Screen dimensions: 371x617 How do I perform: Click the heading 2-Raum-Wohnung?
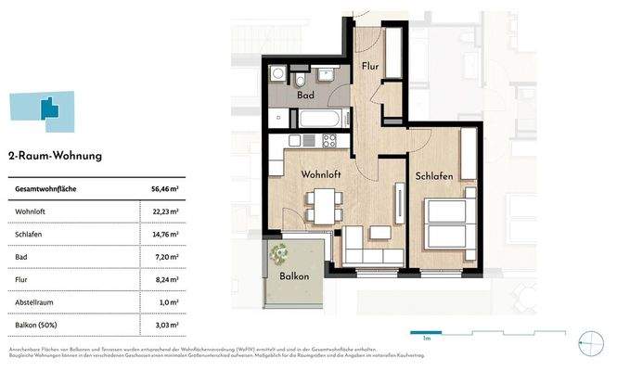pyautogui.click(x=55, y=157)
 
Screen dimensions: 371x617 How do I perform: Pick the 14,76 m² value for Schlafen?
pyautogui.click(x=164, y=236)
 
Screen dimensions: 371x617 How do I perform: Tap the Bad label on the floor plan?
pyautogui.click(x=304, y=95)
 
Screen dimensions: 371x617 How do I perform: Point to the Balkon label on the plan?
pyautogui.click(x=293, y=276)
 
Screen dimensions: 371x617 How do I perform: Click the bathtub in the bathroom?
pyautogui.click(x=321, y=119)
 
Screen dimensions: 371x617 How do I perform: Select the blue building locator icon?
pyautogui.click(x=44, y=110)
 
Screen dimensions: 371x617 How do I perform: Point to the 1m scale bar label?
pyautogui.click(x=425, y=339)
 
